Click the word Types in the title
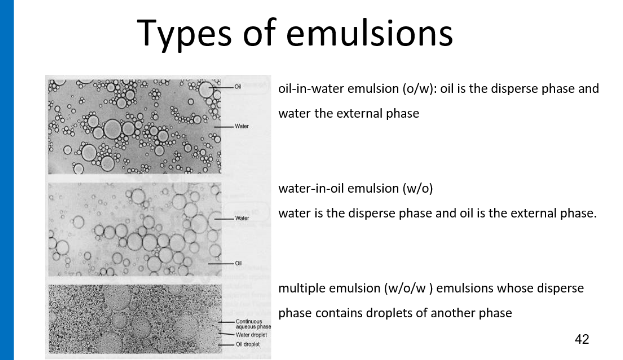184,33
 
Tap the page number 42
582,339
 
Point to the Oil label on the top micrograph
238,87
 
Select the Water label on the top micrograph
242,126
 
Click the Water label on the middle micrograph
242,218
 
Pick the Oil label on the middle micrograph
238,263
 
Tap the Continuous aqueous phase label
253,324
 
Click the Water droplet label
251,335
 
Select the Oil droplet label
248,344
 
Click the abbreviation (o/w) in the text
420,89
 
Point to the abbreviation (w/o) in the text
418,189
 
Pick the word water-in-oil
311,189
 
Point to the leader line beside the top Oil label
221,87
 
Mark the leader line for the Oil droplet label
226,345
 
